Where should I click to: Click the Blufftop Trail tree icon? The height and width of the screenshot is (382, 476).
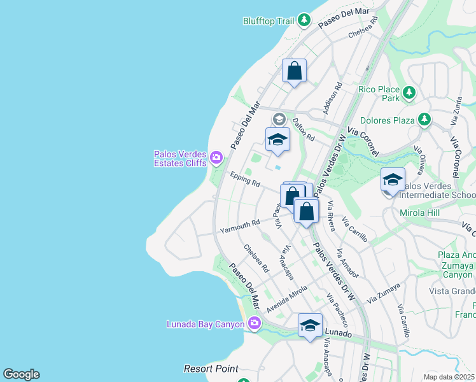pos(305,20)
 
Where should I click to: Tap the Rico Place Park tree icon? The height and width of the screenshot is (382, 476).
pos(409,94)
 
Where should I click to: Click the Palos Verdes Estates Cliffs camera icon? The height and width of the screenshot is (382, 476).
pos(217,157)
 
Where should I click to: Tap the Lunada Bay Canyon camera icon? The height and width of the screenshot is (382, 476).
pos(255,324)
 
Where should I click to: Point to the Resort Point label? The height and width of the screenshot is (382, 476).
pos(211,369)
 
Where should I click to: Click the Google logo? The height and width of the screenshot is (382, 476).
pos(21,374)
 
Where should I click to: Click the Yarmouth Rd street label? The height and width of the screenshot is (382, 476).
pos(240,226)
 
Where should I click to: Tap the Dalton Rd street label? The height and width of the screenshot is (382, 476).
pos(304,128)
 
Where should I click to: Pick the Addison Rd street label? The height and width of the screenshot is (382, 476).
pos(332,98)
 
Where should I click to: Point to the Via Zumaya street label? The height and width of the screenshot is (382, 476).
pos(384,294)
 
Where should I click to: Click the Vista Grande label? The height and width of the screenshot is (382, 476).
pos(452,291)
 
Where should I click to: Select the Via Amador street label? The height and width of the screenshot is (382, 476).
pos(347,263)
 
